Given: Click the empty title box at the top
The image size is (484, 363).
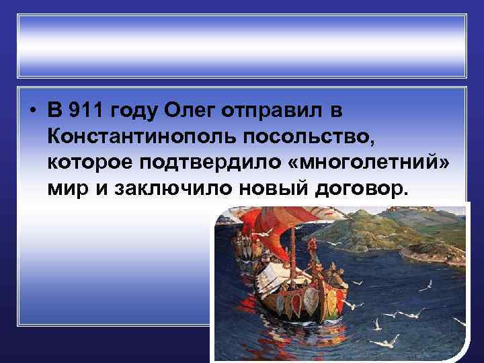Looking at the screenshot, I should [x=241, y=46].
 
